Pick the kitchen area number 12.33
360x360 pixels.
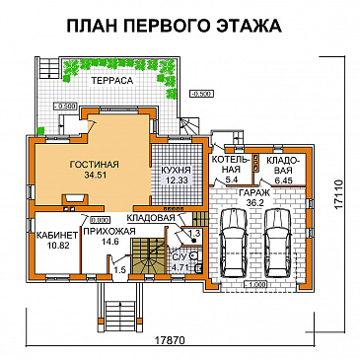coord(177,180)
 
